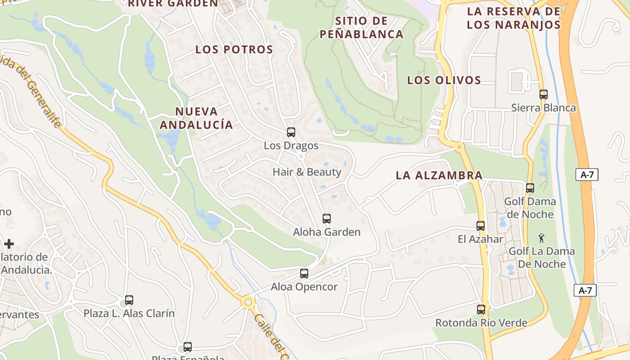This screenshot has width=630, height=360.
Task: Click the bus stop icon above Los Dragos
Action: coord(291,132)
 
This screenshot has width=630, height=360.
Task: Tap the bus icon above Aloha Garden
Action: coord(327,219)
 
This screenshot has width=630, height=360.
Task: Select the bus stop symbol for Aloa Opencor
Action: coord(304,274)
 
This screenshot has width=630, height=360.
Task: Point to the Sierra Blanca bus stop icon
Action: coord(544,94)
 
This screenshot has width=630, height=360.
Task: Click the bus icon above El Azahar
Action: coord(481,226)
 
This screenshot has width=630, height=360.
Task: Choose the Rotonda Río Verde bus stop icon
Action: coord(481,310)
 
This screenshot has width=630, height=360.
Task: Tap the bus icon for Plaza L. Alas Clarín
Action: coord(129,300)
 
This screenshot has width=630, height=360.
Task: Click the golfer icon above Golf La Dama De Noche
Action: coord(541,238)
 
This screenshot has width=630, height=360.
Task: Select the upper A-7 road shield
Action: coord(587,175)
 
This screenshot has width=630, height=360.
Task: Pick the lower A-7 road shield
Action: coord(585,290)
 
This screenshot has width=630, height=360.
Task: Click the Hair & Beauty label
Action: coord(307,172)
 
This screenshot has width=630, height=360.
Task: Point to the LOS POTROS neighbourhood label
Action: coord(234,49)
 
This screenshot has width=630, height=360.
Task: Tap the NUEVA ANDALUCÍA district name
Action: coord(196,118)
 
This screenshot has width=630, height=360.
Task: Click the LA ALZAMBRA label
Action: coord(439,175)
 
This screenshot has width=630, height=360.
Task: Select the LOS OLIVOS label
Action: coord(444,80)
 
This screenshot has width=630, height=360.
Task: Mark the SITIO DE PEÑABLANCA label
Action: coord(361,27)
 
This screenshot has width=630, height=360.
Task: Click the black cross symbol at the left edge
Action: coord(9,244)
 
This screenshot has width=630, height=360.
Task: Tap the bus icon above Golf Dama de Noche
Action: coord(530,188)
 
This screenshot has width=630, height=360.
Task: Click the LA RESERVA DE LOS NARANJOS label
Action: coord(513,18)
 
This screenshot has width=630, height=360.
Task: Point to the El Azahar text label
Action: coord(480,239)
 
